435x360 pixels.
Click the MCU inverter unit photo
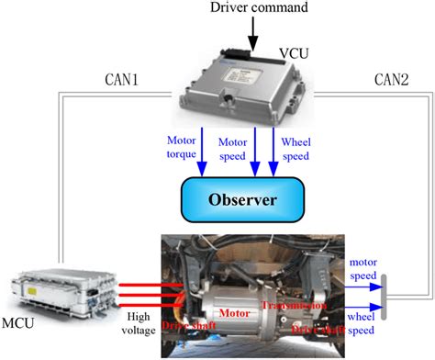(x=61, y=286)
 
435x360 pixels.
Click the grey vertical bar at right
(x=383, y=296)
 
